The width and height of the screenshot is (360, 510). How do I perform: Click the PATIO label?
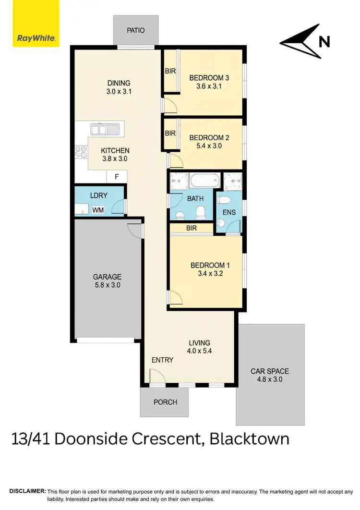135,30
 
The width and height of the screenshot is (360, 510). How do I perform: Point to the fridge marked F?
116,177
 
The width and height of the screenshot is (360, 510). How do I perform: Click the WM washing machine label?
97,210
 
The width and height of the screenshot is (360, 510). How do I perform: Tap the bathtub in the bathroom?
204,182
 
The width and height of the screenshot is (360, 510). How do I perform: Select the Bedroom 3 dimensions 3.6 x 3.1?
209,86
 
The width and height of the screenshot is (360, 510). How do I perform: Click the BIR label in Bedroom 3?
170,71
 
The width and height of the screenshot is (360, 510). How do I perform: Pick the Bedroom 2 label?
209,137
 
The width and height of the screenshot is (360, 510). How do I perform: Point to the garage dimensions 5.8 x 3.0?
107,285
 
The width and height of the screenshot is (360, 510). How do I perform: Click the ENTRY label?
162,360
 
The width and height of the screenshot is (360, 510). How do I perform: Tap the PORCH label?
165,402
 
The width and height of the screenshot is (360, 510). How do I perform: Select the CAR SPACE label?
270,371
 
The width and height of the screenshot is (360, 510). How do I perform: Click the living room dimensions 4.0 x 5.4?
199,351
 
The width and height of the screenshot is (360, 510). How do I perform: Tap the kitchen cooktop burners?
80,152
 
